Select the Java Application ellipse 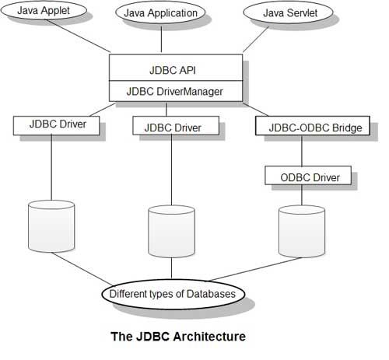click(x=161, y=13)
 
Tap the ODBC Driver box click(x=310, y=177)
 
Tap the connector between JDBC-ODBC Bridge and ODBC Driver click(x=309, y=152)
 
